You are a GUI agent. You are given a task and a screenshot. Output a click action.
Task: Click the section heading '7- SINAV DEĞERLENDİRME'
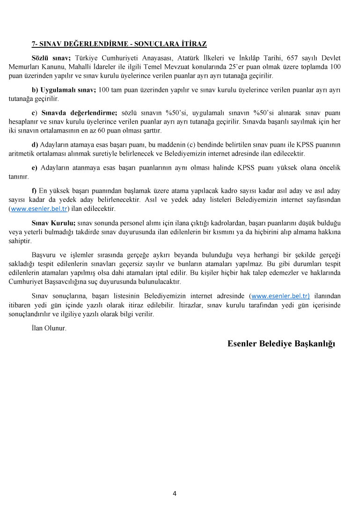tap(119, 44)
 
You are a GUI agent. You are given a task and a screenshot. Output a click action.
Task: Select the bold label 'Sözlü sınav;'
tap(51, 58)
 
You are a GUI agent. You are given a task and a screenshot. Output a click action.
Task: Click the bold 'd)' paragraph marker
tap(35, 145)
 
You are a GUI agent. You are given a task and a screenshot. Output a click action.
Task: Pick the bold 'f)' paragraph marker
tap(34, 191)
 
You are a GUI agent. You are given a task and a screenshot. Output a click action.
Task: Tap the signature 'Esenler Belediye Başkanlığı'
tap(281, 344)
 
